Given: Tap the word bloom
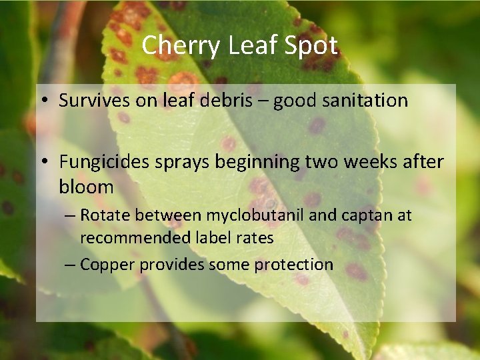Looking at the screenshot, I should point(86,187).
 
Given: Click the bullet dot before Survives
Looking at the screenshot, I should point(43,101).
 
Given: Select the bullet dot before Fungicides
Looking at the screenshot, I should point(43,163).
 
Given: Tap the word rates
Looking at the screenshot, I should point(257,237).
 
